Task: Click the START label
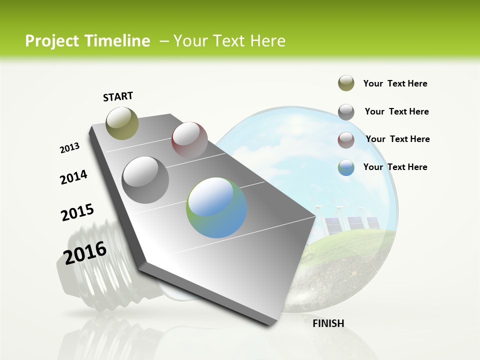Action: (118, 96)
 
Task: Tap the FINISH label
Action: (328, 323)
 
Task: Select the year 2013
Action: (70, 148)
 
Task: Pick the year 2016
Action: (85, 253)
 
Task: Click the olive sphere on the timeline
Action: (122, 123)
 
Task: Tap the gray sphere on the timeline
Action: (145, 180)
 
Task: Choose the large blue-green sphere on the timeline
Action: (216, 207)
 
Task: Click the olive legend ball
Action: (346, 83)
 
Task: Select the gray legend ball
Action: (346, 112)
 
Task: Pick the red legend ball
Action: (346, 140)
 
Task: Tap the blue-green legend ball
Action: (346, 167)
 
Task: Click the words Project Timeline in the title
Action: (87, 41)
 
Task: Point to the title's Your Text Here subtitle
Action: (229, 41)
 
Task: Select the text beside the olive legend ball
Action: (395, 83)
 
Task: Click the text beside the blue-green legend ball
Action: (395, 167)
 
